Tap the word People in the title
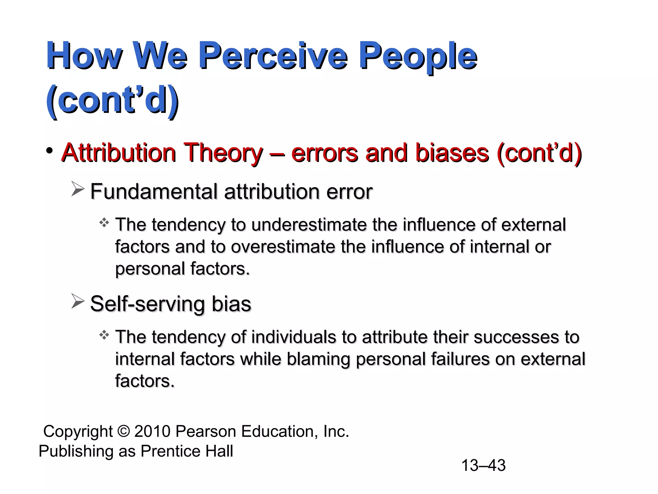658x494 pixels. (417, 57)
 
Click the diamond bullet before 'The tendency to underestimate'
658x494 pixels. (104, 223)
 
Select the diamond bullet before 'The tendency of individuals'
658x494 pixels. (104, 335)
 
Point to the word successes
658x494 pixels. (514, 337)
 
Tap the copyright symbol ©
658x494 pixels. (124, 431)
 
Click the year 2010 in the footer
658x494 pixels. (152, 431)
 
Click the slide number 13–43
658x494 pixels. (483, 465)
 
